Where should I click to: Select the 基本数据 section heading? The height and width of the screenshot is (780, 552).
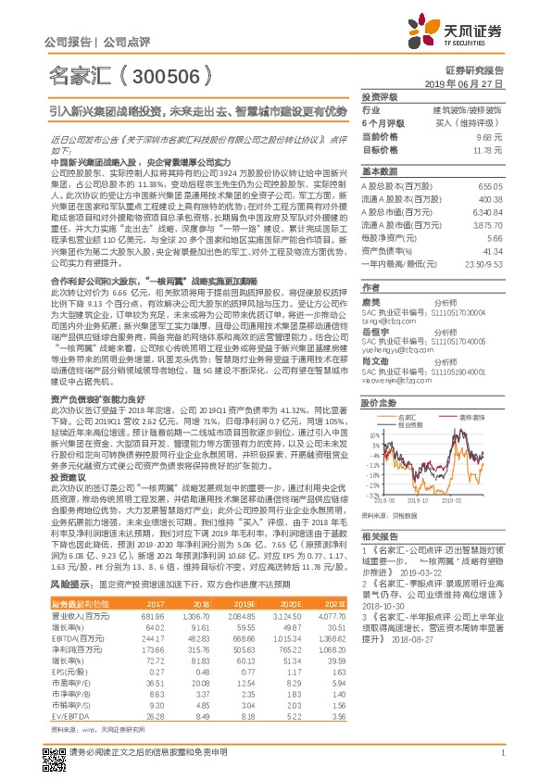click(379, 172)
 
